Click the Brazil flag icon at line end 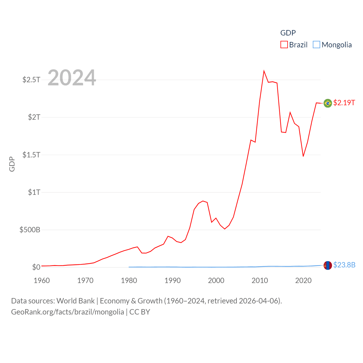click(328, 103)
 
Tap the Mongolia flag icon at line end click(328, 265)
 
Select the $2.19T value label click(344, 103)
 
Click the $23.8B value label click(344, 265)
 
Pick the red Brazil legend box click(284, 45)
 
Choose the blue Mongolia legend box click(316, 45)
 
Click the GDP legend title click(288, 33)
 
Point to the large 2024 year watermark click(72, 78)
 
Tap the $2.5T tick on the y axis click(31, 80)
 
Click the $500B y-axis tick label click(30, 230)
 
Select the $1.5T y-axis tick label click(31, 155)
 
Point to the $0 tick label click(36, 267)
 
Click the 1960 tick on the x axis click(42, 280)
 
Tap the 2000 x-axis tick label click(216, 280)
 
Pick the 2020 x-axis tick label click(303, 280)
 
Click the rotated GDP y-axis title click(12, 164)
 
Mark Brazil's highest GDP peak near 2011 click(264, 71)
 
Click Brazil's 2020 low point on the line click(303, 156)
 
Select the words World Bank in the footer click(75, 301)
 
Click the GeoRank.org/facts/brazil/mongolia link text click(67, 312)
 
